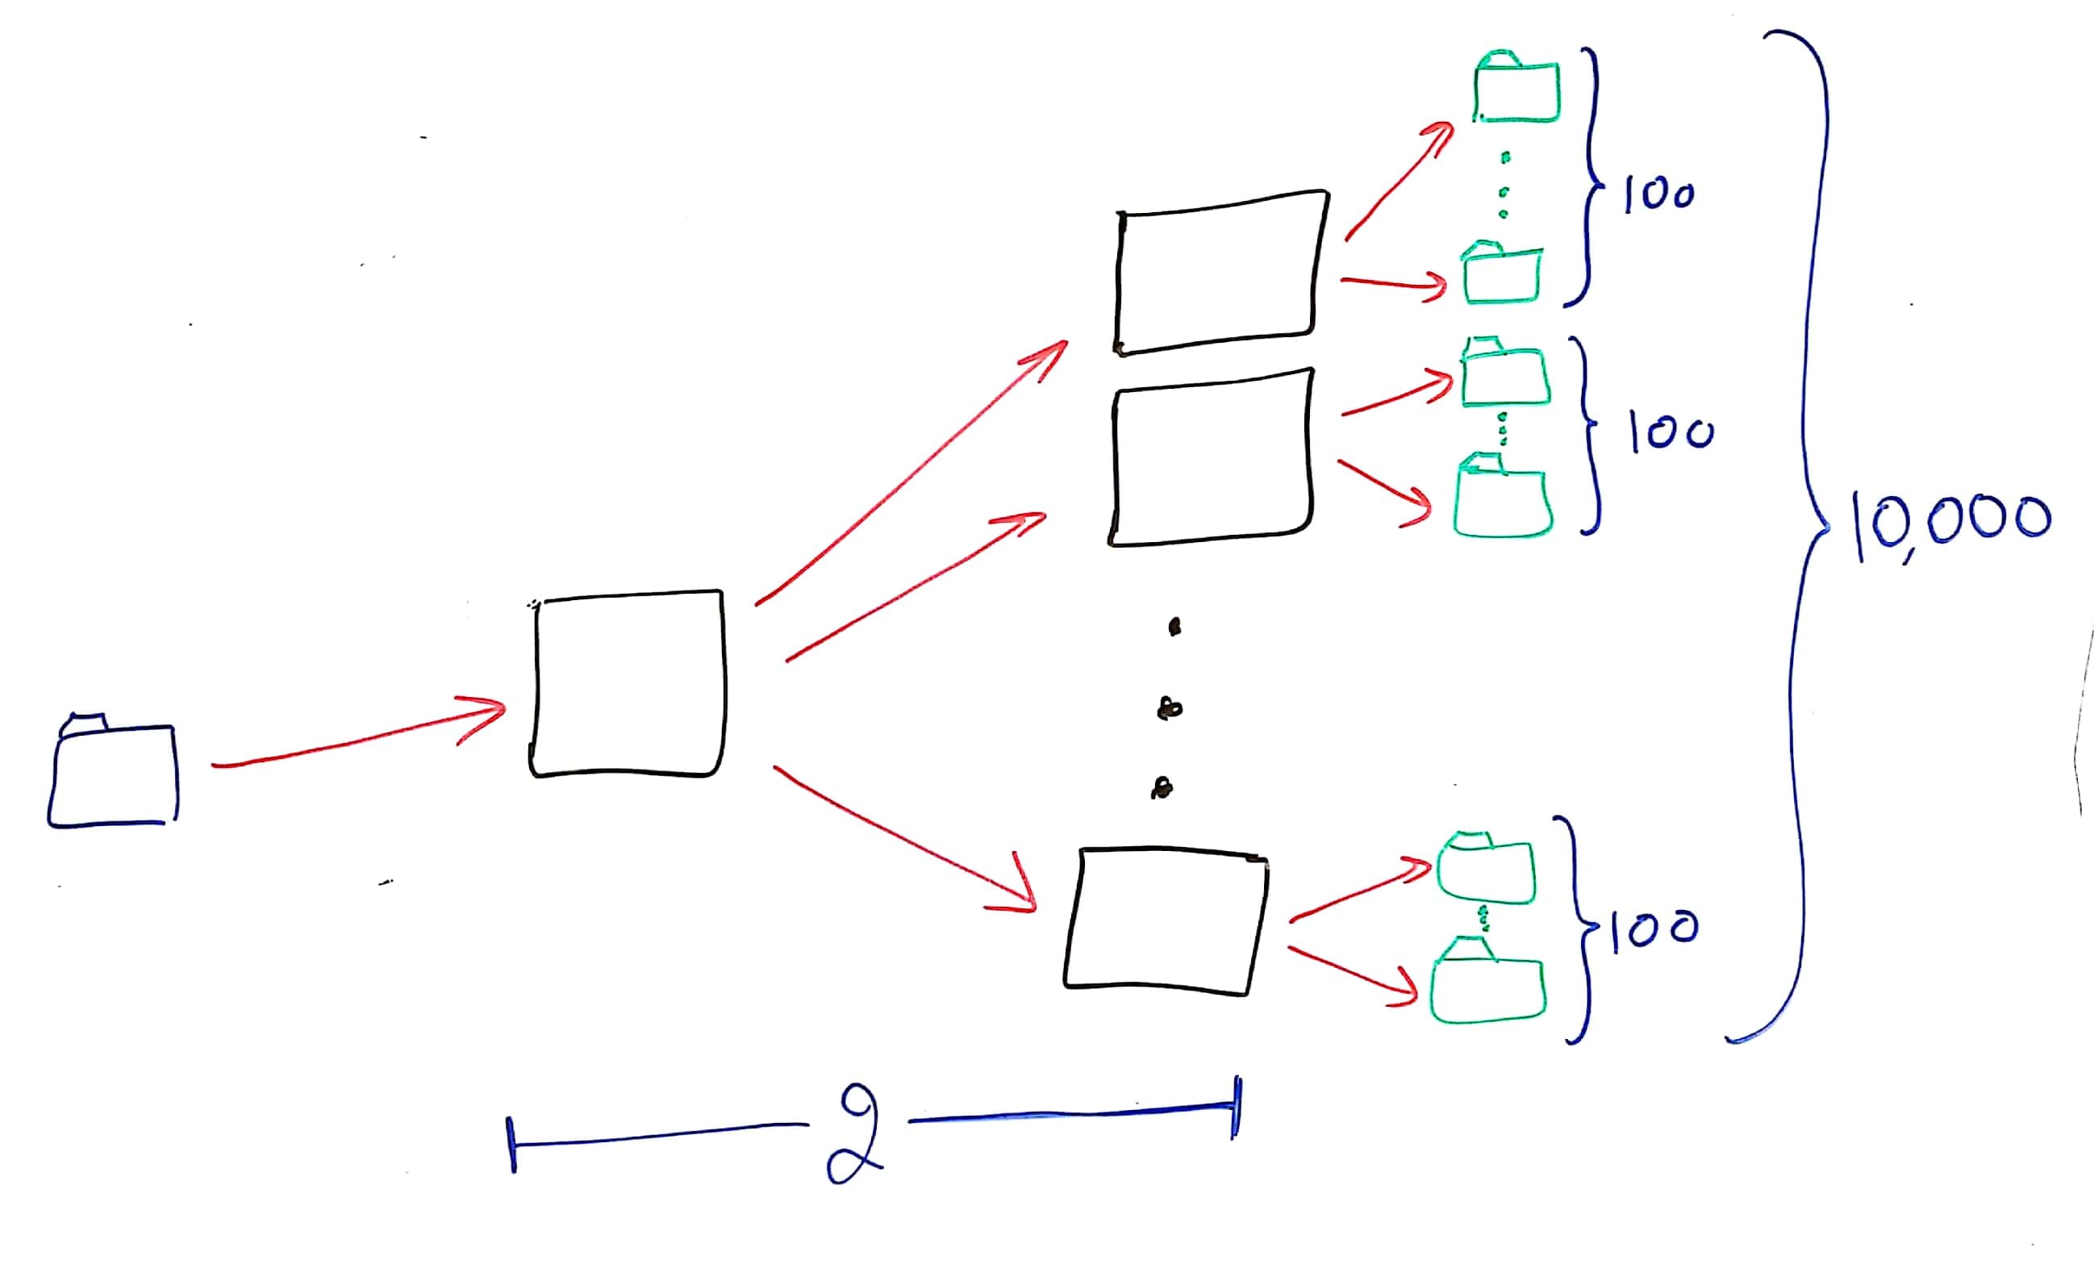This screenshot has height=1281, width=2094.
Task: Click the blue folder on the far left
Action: (113, 774)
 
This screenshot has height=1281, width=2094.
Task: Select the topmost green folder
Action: (1517, 89)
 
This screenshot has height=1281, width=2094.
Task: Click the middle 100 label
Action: (1671, 433)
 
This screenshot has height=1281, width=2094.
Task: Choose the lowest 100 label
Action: (1654, 927)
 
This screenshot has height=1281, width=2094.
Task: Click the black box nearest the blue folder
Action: (628, 683)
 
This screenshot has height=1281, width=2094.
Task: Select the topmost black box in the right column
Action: (1221, 272)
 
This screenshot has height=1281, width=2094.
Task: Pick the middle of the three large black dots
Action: (1170, 707)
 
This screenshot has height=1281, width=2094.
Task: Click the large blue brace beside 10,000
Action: (1806, 527)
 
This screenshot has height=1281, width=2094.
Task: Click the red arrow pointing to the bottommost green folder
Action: (1351, 974)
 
